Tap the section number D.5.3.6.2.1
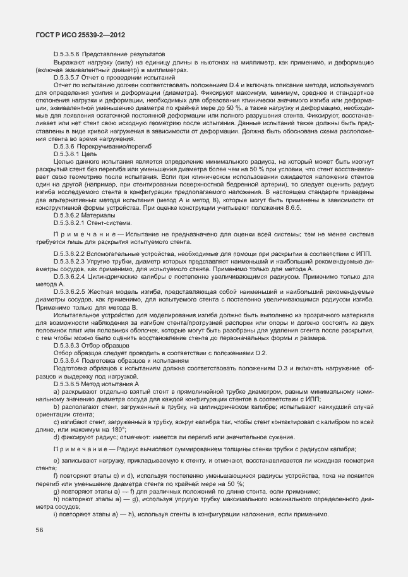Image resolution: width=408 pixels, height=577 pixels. point(73,222)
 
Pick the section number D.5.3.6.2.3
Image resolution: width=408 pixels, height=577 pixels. point(73,260)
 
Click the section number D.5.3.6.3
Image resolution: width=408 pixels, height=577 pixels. point(69,346)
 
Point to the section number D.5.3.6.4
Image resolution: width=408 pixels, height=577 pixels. point(69,360)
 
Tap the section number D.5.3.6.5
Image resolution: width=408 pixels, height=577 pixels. point(69,384)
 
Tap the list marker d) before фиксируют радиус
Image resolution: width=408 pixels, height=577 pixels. point(56,436)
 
